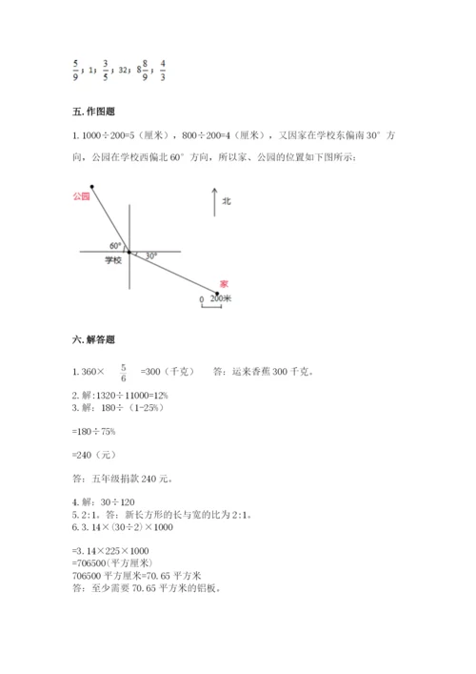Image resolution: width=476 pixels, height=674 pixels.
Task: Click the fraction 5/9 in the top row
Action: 74,69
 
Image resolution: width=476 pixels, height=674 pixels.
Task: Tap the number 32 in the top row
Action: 124,70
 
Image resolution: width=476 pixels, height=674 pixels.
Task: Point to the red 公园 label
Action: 80,195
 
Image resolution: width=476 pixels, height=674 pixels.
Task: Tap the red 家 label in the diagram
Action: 224,283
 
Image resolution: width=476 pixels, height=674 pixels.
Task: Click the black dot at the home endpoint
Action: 218,293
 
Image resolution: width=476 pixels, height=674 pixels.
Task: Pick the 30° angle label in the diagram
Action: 150,255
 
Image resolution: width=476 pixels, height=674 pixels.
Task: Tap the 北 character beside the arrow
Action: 227,201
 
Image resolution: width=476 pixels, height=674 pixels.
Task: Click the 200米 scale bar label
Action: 221,298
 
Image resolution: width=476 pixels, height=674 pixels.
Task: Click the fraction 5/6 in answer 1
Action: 124,371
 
